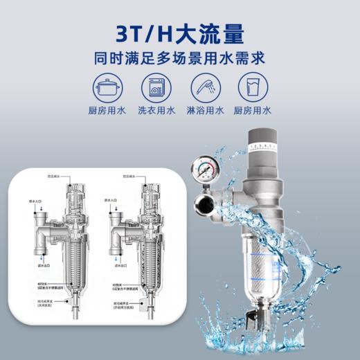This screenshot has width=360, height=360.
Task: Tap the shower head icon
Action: click(204, 88)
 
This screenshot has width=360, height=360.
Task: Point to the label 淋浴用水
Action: click(204, 111)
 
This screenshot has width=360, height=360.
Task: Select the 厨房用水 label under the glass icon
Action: click(254, 111)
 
